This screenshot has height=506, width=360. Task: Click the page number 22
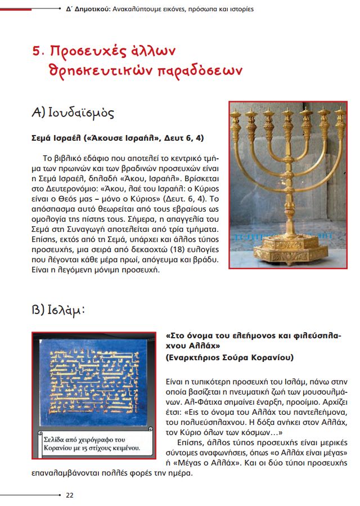point(70,495)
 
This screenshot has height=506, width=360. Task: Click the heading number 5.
point(37,51)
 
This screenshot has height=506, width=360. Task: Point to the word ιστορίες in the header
point(240,10)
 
